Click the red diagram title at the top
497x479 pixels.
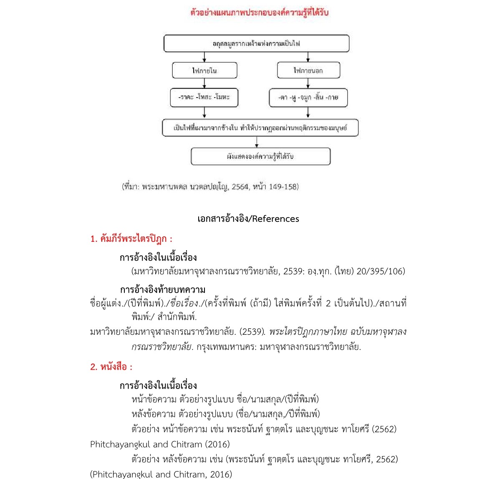coord(259,12)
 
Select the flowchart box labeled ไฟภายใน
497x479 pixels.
coord(204,70)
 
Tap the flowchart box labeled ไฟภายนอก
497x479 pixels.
coord(308,70)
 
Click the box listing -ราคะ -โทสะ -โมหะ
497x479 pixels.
coord(204,98)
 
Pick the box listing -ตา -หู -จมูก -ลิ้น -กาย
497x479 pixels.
coord(308,98)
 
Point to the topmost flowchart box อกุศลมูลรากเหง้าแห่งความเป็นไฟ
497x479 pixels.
coord(256,43)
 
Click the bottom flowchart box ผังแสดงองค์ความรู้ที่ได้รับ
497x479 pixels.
coord(260,156)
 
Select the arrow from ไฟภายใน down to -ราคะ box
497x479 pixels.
coord(204,83)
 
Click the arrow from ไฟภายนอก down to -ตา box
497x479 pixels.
coord(308,83)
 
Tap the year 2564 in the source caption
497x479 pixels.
coord(240,187)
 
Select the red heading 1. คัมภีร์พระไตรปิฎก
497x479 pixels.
coord(131,239)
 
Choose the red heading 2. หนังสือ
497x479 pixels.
coord(111,367)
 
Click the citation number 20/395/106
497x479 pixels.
coord(381,271)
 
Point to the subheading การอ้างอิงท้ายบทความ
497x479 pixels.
coord(162,289)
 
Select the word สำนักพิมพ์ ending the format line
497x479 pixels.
coord(177,317)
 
